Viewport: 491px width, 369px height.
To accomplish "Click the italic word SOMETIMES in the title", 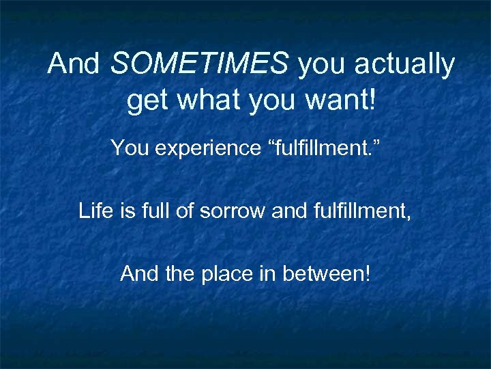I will [x=198, y=64].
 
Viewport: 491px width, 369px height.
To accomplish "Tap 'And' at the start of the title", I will [x=74, y=64].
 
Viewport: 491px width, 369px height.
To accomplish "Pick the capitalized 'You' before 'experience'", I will [x=128, y=146].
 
